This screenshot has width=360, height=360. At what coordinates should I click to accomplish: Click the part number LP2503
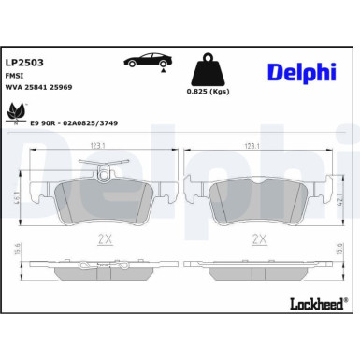tap(25, 62)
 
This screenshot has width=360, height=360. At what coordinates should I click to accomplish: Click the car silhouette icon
tap(146, 61)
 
